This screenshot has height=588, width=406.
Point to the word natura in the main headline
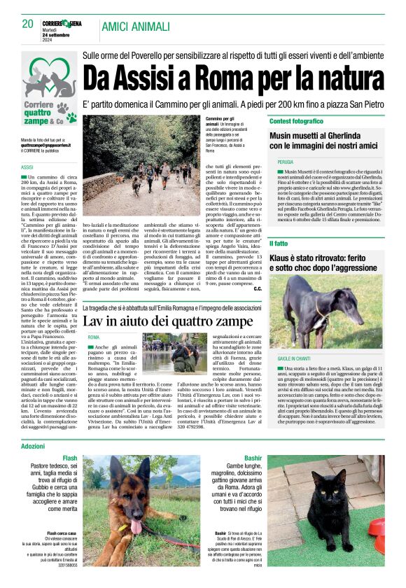[341, 73]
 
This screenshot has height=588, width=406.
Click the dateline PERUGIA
[286, 162]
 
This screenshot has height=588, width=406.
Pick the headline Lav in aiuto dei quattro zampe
[167, 321]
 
